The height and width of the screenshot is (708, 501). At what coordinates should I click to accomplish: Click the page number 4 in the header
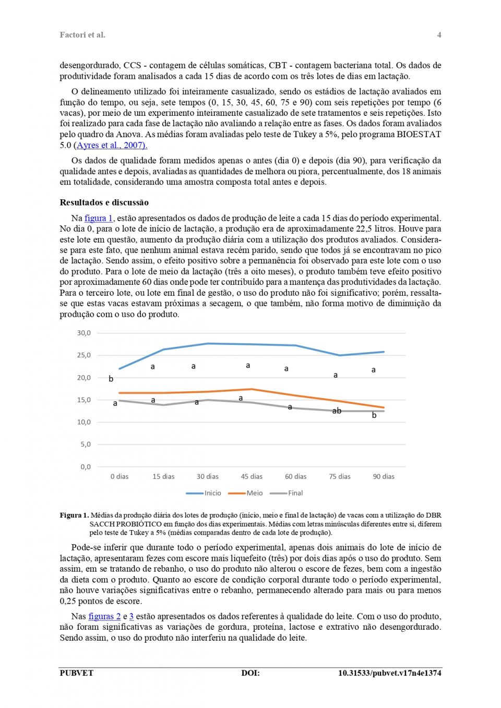tap(439, 35)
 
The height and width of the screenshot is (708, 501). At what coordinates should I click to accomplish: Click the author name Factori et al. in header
tap(82, 35)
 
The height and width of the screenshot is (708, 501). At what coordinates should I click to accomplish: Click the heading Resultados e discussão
tap(104, 202)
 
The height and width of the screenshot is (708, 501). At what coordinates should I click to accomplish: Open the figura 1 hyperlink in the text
tap(99, 218)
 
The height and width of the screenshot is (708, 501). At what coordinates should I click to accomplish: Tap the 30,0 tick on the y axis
tap(84, 333)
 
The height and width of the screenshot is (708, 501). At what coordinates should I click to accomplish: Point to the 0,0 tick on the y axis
tap(86, 467)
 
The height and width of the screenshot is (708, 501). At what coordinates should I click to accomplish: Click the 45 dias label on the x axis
tap(252, 476)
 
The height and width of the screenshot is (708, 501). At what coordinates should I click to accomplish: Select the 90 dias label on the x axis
tap(384, 476)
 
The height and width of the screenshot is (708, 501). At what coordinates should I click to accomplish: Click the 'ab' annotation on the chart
tap(337, 411)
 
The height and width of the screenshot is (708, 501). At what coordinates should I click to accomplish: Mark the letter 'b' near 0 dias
tap(111, 379)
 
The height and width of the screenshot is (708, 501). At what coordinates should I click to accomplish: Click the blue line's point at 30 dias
tap(208, 343)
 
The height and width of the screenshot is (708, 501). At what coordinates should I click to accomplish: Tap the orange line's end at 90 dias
tap(384, 407)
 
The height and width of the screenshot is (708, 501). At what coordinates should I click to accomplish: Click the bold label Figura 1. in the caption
tap(74, 515)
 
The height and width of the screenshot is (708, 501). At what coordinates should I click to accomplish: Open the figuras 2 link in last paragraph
tap(104, 616)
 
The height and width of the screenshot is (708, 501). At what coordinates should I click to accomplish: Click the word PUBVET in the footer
tap(76, 673)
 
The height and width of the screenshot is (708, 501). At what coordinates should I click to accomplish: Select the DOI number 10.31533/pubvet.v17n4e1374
tap(389, 673)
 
